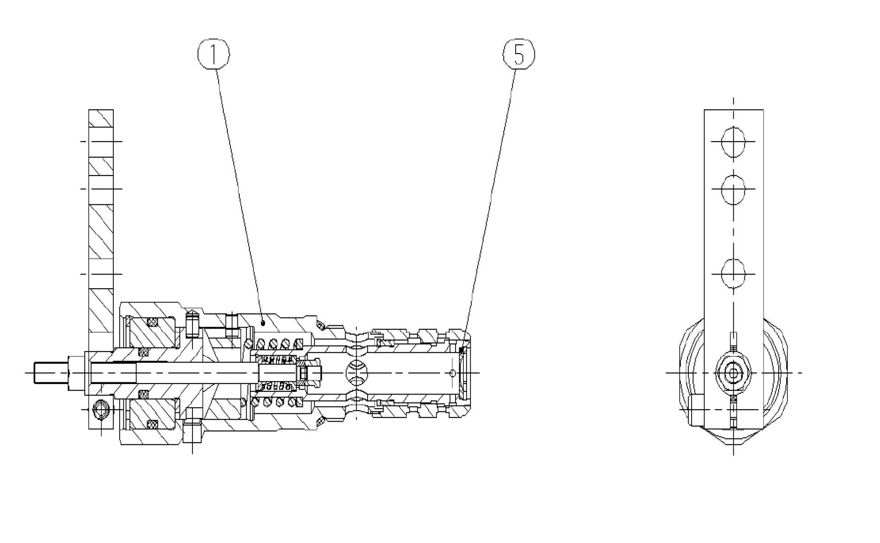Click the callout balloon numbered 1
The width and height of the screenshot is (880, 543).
tap(214, 54)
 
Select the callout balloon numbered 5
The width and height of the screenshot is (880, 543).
tap(519, 54)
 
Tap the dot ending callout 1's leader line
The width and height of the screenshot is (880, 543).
tap(263, 323)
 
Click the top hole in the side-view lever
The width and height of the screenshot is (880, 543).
tap(733, 142)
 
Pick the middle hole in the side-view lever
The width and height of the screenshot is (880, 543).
tap(733, 188)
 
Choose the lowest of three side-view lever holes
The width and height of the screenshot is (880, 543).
tap(733, 274)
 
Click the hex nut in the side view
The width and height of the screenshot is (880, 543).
tap(733, 373)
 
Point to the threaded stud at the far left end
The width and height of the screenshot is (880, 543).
tap(51, 373)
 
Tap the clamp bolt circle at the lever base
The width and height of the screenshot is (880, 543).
tap(100, 409)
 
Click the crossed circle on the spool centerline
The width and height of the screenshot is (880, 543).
tap(357, 373)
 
